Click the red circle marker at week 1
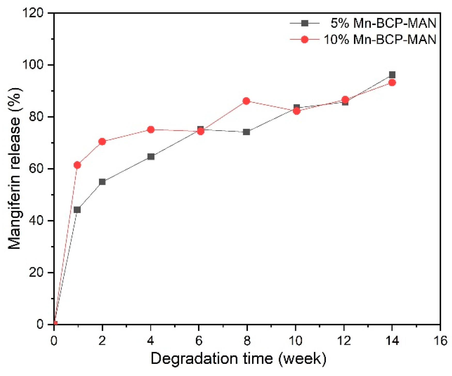[x=77, y=165]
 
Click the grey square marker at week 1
[x=77, y=210]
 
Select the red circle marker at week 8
[x=246, y=101]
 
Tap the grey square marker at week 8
[x=246, y=132]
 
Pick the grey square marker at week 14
[x=392, y=75]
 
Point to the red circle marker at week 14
[x=392, y=83]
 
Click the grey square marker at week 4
[x=151, y=157]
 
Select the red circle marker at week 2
[x=102, y=141]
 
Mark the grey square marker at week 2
[x=102, y=182]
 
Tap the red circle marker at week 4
[x=151, y=129]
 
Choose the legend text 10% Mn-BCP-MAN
[x=380, y=40]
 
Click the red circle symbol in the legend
[x=305, y=40]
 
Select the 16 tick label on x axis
[x=440, y=341]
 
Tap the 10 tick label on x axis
[x=295, y=341]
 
